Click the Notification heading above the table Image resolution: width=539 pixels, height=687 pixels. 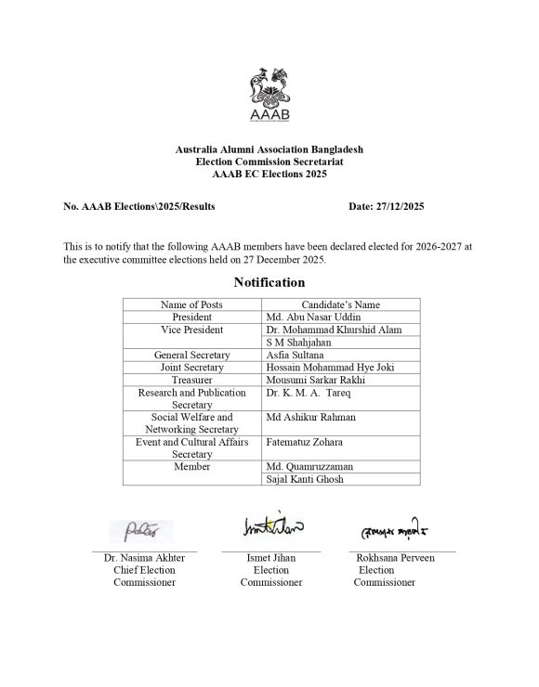click(269, 281)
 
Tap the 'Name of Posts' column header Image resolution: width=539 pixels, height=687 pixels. click(191, 304)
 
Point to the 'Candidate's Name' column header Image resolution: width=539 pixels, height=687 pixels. click(340, 304)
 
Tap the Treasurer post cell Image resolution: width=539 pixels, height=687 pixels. click(191, 380)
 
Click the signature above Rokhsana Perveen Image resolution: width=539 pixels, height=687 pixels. click(401, 531)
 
